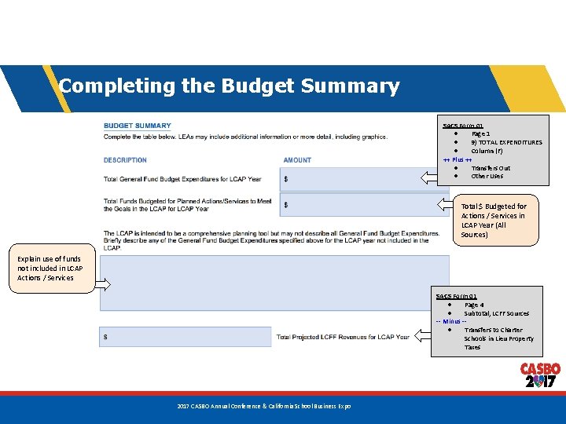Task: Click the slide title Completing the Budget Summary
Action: pos(229,86)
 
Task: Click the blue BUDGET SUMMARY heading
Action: pos(138,126)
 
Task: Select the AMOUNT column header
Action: pos(297,160)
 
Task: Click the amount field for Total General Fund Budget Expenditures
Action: pos(354,180)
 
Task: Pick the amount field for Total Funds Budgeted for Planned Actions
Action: pos(354,205)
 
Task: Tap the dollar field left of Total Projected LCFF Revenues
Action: pos(185,337)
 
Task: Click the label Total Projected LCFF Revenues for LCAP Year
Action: pos(343,337)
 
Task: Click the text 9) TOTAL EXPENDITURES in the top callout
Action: pos(506,143)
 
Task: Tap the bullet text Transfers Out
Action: pos(491,168)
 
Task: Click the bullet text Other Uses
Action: pos(487,177)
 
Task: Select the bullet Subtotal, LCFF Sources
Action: pos(496,313)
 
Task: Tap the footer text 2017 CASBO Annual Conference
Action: pos(264,406)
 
